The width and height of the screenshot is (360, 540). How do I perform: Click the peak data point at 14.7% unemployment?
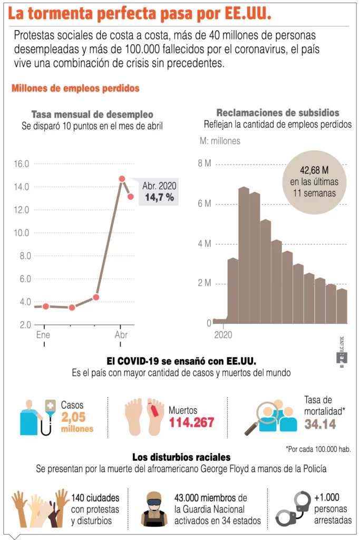122,179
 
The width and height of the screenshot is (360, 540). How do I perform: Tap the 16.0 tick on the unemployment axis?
22,163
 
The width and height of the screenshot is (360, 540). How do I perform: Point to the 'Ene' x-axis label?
43,335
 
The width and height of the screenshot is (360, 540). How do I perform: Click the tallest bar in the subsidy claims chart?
244,255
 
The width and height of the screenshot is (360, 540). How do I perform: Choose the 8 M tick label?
205,163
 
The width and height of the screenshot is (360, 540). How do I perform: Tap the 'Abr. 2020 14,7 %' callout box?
159,192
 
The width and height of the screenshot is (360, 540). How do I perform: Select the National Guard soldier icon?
154,509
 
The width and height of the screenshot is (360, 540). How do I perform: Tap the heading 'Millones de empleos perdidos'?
75,89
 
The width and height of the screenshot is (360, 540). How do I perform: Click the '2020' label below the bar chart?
223,334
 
